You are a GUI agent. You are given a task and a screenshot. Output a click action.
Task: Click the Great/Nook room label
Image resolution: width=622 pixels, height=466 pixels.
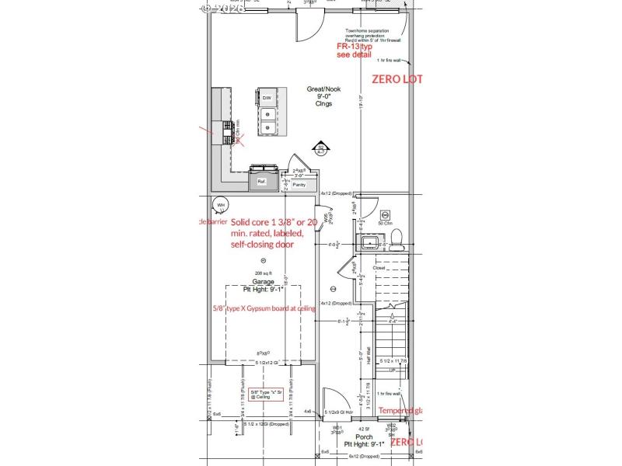click(324, 89)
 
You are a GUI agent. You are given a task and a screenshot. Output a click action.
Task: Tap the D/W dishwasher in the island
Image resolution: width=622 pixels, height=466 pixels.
click(266, 98)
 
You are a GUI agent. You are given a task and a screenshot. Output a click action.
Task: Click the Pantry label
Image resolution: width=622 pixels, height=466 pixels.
click(299, 185)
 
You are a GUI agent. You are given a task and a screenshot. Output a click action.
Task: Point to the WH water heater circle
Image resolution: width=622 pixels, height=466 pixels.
click(221, 205)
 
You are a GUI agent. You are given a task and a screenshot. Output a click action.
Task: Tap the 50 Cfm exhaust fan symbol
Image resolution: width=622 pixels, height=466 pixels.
click(384, 214)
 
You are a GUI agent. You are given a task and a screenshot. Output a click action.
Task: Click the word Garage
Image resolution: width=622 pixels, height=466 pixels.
click(264, 281)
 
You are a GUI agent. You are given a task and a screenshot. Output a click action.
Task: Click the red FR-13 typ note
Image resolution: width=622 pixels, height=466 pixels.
click(355, 47)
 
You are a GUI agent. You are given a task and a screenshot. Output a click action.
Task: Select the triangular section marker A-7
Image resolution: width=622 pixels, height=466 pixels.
click(320, 148)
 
